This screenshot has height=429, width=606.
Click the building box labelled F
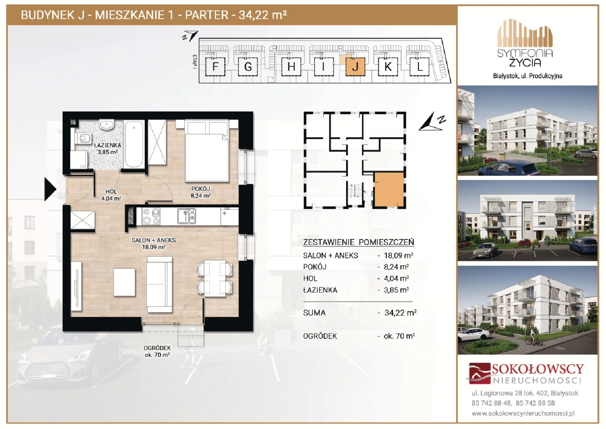coord(215,67)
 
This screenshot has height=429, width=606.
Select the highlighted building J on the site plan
coord(356,67)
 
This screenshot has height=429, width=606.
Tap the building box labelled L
coord(420,67)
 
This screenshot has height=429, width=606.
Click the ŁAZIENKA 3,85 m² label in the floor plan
coord(108,148)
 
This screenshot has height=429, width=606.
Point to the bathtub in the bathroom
coord(134,144)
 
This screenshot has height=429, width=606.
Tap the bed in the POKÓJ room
coord(207,151)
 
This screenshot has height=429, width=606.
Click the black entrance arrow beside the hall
coord(50,189)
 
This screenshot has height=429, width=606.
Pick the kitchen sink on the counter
coord(187,216)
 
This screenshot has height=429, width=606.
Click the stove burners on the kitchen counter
coord(151,216)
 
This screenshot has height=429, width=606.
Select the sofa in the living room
coord(159,284)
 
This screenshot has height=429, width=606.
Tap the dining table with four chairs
coord(215,278)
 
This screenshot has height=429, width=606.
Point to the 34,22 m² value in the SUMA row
coord(401,313)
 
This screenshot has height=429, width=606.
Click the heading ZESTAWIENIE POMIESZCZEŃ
coord(358,242)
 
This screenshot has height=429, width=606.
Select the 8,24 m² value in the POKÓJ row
coord(396,267)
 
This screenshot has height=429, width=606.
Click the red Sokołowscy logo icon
coord(479,373)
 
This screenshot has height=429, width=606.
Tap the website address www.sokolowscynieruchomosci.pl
coord(523,414)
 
